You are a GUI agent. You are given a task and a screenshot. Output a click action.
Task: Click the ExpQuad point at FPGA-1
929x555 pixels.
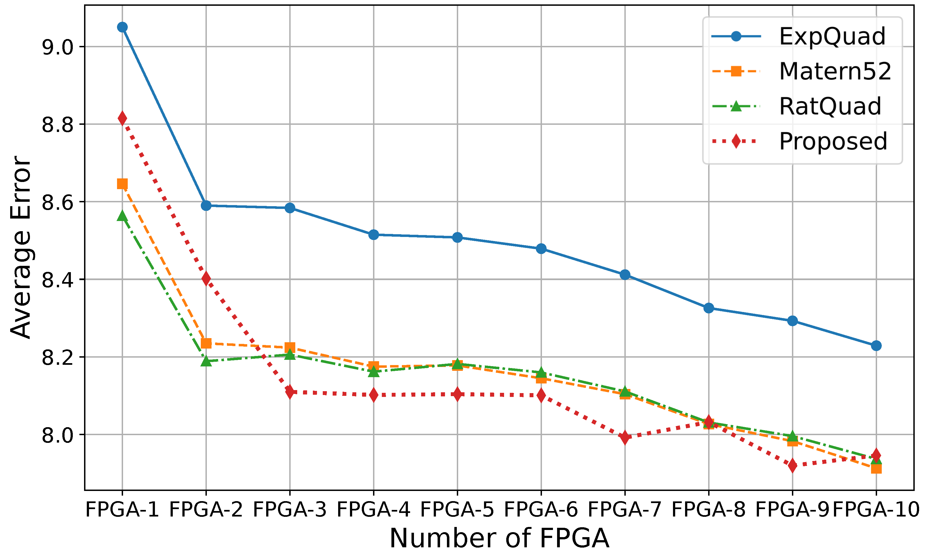tap(122, 27)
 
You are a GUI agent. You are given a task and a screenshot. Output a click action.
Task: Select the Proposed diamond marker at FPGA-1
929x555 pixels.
tap(122, 118)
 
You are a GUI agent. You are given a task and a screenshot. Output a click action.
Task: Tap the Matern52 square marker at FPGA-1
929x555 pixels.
tap(122, 184)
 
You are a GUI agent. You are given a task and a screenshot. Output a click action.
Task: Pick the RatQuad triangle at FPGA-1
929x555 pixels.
tap(122, 216)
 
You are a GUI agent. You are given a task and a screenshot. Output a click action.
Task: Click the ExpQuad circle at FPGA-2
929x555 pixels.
tap(206, 205)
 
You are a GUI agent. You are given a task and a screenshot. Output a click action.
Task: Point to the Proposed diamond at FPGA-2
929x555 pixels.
tap(206, 279)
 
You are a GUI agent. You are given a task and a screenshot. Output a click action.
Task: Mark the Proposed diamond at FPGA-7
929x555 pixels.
tap(625, 437)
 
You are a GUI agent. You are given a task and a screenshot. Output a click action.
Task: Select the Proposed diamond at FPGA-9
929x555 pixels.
tap(792, 466)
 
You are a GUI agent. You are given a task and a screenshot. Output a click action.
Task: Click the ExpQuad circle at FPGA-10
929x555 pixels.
tap(876, 346)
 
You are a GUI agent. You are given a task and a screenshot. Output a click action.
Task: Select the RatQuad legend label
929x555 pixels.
tap(830, 106)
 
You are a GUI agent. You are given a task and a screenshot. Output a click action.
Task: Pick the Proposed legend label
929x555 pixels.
tap(833, 141)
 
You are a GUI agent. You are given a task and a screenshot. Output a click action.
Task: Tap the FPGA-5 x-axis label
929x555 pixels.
tap(457, 509)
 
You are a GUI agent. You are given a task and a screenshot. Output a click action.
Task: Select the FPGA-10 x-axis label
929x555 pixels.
tap(876, 509)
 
